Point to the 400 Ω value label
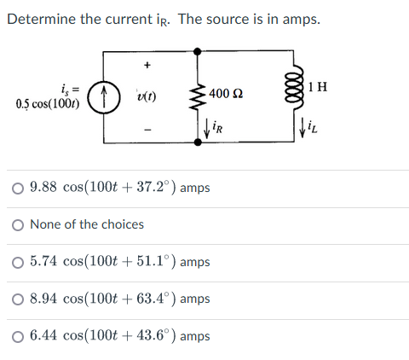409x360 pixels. (x=227, y=92)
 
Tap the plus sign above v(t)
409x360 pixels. (x=147, y=64)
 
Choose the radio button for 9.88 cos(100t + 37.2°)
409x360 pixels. (x=18, y=188)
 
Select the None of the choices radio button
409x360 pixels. (x=18, y=224)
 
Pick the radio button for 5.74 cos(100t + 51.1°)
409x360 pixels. (x=18, y=262)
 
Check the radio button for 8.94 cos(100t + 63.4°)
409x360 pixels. (x=18, y=299)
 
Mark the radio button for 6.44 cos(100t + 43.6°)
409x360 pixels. (x=18, y=336)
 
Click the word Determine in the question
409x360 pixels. (x=38, y=19)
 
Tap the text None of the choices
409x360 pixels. (x=87, y=224)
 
